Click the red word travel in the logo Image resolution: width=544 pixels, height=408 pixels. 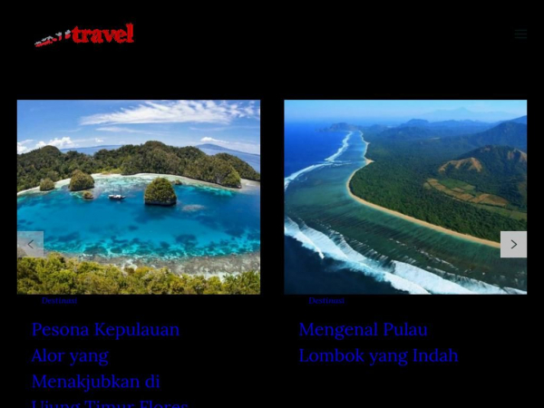(x=102, y=34)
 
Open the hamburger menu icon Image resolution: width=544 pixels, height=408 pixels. (x=520, y=34)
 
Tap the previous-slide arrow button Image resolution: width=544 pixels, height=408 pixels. (x=30, y=244)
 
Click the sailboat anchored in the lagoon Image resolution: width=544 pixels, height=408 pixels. (x=117, y=196)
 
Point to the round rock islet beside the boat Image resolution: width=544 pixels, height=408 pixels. (x=160, y=190)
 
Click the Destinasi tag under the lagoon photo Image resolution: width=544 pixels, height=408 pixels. (x=59, y=300)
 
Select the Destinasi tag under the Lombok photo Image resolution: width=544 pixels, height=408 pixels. (x=326, y=300)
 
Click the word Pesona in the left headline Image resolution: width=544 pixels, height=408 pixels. (x=61, y=330)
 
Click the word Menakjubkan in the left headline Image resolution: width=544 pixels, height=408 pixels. (x=85, y=381)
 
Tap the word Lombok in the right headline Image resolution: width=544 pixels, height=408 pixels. (x=334, y=355)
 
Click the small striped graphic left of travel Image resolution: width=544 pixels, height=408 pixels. (x=52, y=39)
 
